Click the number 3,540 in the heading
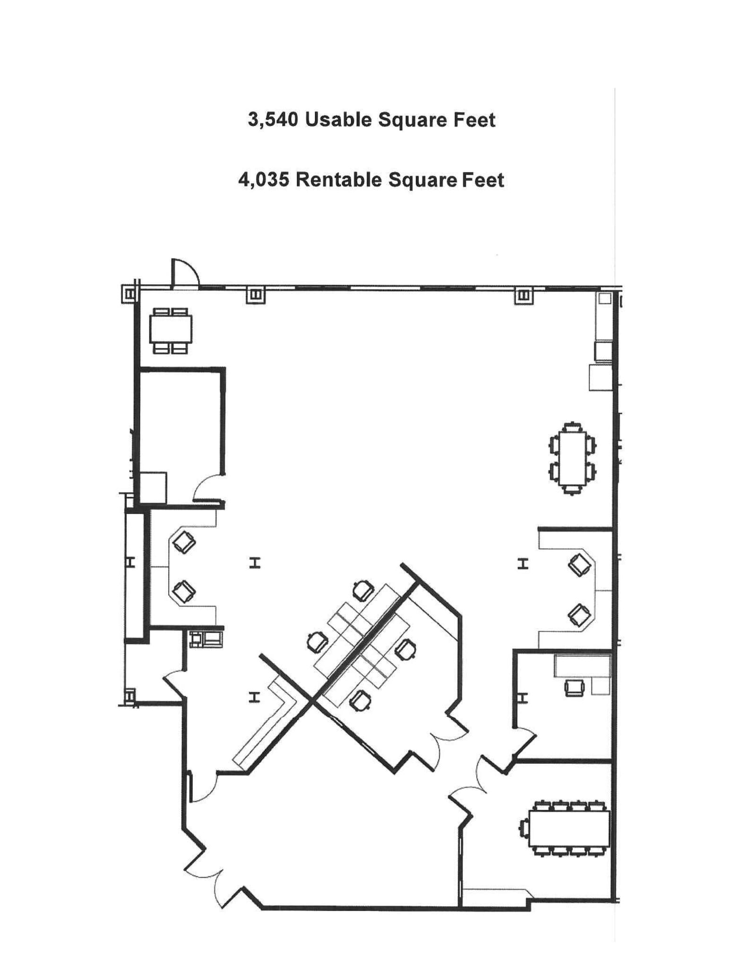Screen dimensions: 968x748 273,120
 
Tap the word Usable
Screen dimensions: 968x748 338,120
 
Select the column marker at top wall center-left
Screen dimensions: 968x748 256,295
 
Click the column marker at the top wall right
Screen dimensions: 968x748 524,295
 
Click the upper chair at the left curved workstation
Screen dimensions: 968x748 184,542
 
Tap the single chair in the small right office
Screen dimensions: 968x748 574,687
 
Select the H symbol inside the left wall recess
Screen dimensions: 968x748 131,562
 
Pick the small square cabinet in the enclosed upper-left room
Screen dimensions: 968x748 153,487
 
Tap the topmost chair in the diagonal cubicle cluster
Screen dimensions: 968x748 363,590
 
